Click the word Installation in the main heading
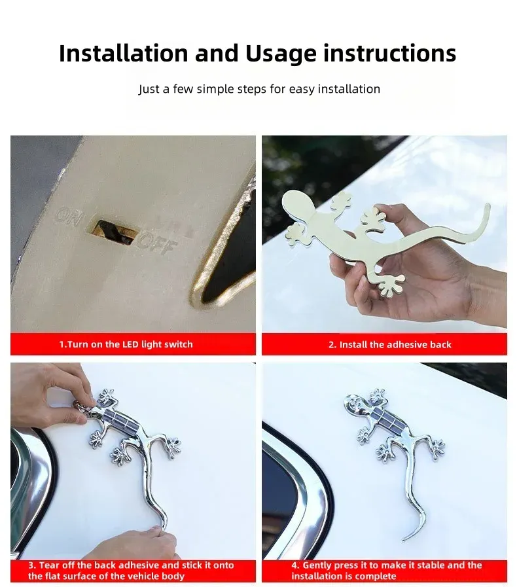click(124, 53)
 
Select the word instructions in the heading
click(390, 53)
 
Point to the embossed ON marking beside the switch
click(69, 217)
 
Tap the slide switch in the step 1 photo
click(114, 232)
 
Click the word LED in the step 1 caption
click(131, 344)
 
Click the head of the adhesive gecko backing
click(298, 204)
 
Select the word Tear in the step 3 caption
click(49, 565)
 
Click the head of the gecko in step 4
click(355, 402)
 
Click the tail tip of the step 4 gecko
click(404, 539)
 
